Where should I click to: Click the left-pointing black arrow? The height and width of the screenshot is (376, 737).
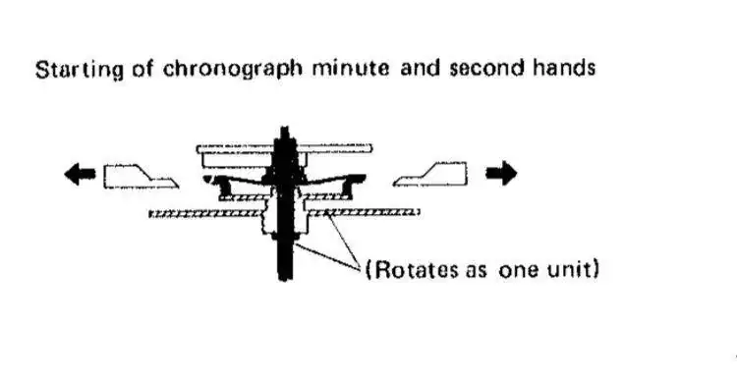[80, 175]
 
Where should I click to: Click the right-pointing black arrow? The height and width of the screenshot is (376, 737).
[501, 173]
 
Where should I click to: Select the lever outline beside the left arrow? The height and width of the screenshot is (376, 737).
[141, 177]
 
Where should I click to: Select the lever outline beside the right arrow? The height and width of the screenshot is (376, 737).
[430, 174]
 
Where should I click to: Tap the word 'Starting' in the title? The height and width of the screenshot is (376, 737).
[79, 71]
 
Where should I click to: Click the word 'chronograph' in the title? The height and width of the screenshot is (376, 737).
[233, 70]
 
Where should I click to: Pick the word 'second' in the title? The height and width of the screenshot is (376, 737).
[486, 69]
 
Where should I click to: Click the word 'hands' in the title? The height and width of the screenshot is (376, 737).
[564, 69]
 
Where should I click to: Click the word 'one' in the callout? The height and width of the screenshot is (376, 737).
[519, 271]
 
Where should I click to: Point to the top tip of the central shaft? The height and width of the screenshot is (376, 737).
[284, 127]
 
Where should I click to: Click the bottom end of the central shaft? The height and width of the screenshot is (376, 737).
[285, 280]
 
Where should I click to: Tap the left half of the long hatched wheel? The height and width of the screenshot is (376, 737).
[205, 214]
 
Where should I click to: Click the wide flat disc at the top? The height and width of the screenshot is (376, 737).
[284, 149]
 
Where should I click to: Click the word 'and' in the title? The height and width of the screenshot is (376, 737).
[420, 69]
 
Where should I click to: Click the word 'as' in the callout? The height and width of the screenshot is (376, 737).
[478, 271]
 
